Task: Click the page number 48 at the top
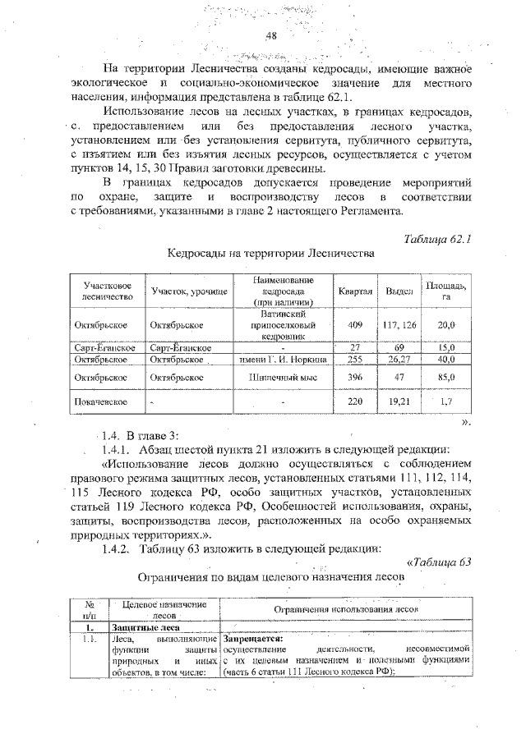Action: coord(273,36)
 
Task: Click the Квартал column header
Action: coord(355,291)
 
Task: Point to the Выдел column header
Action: coord(399,291)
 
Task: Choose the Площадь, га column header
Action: coord(446,291)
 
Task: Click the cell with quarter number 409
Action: coord(355,325)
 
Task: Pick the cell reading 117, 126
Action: coord(399,325)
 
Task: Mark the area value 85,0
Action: coord(446,378)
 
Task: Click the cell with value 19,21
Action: coord(399,402)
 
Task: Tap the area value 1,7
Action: coord(446,402)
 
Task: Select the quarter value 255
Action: coord(355,360)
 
